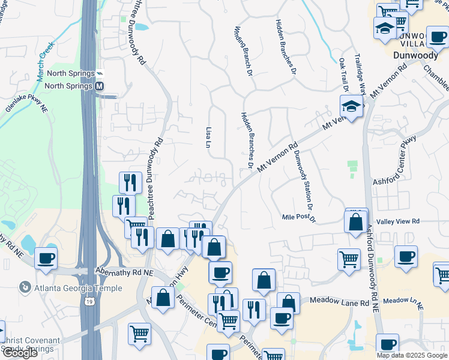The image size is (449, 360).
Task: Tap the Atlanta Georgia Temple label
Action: point(78,288)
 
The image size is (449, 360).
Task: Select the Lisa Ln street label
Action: point(208,138)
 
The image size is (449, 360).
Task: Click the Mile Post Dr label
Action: point(298,217)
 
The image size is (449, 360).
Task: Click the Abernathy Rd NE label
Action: point(125,272)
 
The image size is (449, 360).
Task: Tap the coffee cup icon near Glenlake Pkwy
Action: point(46,259)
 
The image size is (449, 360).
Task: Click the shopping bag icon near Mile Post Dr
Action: point(356,221)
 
